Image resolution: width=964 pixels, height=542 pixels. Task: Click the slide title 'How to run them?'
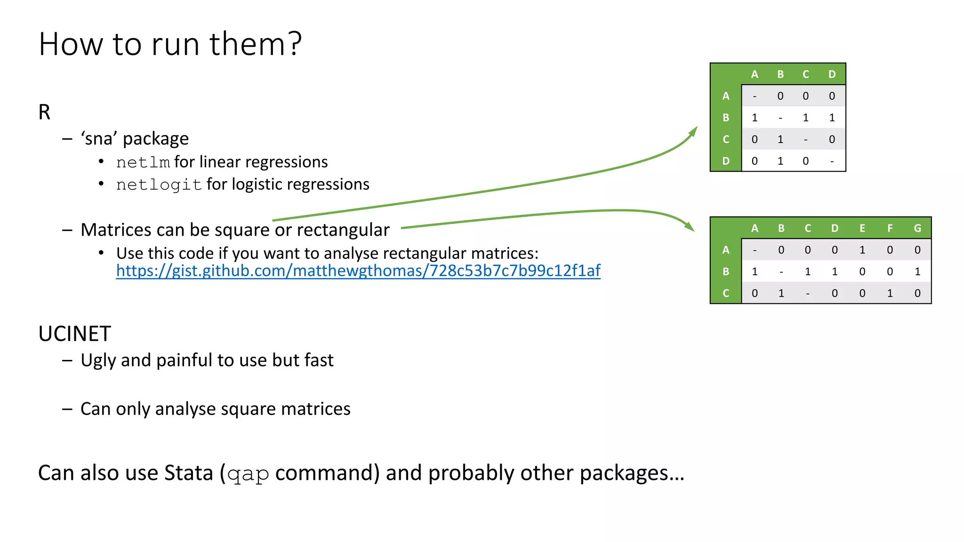[170, 44]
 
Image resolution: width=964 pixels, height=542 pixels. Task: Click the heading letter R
[44, 112]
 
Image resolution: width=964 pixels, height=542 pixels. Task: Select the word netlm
[143, 162]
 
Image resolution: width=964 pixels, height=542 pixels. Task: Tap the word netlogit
[159, 185]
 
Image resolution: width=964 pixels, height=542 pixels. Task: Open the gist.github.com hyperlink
[358, 271]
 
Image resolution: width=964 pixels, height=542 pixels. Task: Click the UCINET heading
[74, 334]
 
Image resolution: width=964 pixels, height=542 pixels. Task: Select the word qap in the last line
[248, 474]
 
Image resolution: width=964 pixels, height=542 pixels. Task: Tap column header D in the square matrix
[832, 74]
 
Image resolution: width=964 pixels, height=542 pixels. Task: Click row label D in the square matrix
[726, 161]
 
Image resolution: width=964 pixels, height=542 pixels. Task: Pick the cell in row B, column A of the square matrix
[755, 118]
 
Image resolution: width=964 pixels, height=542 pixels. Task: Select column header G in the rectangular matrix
[917, 228]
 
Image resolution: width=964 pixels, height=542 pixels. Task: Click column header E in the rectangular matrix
[862, 228]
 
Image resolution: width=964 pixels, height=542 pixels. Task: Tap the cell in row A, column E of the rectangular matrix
[862, 250]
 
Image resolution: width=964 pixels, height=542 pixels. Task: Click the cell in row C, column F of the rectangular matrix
[890, 293]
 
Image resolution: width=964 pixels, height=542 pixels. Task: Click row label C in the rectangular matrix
[726, 293]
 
